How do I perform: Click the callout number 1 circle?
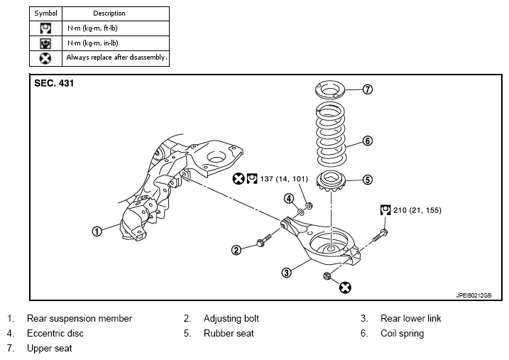[x=97, y=231]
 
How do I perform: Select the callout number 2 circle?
[x=236, y=250]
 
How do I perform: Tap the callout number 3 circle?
[x=286, y=273]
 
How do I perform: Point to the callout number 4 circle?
[x=289, y=198]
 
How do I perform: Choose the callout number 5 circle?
[x=368, y=180]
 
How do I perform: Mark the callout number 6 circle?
[x=368, y=141]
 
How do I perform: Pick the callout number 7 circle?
[x=368, y=89]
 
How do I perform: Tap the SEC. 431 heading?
[x=54, y=83]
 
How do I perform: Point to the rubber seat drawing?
[x=331, y=181]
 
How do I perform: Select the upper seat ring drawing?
[x=330, y=90]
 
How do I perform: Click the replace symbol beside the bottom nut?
[x=345, y=288]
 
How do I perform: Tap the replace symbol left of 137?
[x=239, y=178]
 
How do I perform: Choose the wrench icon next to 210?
[x=385, y=210]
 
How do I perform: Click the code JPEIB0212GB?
[x=474, y=295]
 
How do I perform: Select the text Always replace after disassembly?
[x=117, y=58]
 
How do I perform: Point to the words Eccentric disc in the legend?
[x=55, y=334]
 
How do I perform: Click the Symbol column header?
[x=45, y=13]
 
